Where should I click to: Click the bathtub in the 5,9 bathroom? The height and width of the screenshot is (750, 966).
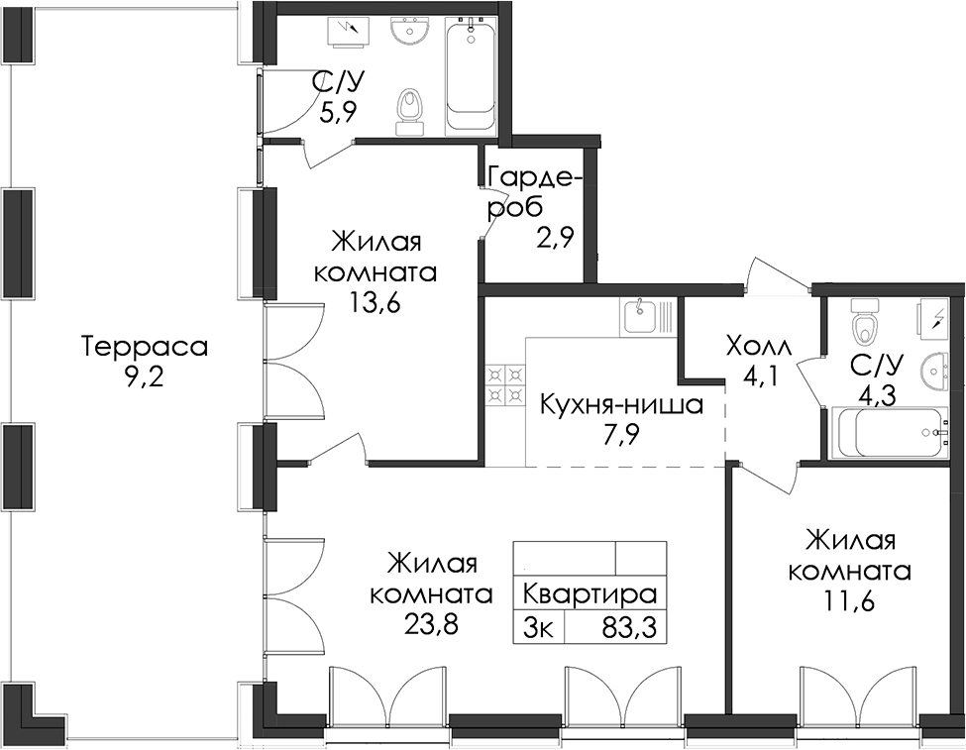470,74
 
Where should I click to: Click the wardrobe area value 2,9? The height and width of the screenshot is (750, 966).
556,237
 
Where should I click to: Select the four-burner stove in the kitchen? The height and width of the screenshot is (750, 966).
506,385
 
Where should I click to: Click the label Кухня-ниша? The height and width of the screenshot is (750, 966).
621,405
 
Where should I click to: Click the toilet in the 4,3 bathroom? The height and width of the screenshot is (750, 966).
864,320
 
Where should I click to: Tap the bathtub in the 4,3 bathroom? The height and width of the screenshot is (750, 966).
888,433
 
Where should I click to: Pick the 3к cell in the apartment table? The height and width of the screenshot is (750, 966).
538,628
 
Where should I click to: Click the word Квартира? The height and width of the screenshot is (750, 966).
590,594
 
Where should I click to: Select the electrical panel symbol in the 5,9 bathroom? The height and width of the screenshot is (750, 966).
350,32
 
